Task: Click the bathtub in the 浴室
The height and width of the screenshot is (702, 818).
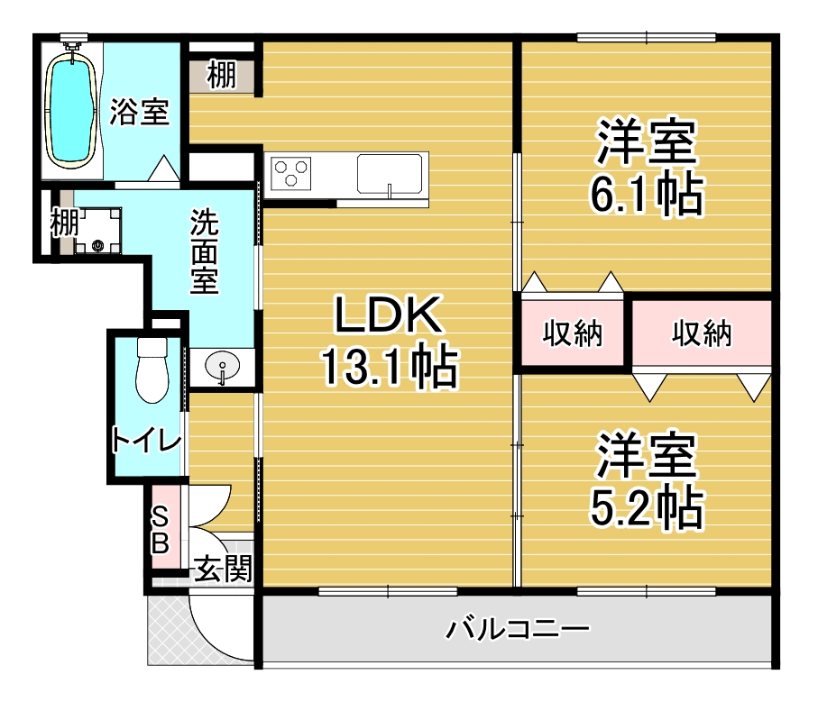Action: pos(71,112)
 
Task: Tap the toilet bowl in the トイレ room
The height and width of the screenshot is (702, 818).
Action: pos(152,370)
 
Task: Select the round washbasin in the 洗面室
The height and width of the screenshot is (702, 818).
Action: pos(222,366)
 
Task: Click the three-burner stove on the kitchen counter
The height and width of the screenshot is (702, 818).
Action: pos(290,174)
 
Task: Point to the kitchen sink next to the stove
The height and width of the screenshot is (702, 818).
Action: pos(390,174)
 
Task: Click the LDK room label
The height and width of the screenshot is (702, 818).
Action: pos(388,315)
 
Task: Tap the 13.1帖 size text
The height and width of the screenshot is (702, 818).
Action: pos(390,368)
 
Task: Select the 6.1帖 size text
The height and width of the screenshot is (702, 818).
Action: pos(647,195)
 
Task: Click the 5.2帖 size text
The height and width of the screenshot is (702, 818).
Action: pos(647,507)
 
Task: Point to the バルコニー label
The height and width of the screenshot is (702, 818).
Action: pos(517,628)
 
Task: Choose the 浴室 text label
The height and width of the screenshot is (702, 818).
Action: pos(139,112)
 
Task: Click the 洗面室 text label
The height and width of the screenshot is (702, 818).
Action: pos(204,251)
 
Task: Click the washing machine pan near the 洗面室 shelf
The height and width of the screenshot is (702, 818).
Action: pos(98,231)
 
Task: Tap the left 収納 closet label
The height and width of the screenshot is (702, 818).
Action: pos(573,333)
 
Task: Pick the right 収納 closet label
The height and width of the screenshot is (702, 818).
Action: pos(702,333)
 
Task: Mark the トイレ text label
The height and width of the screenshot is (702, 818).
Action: pos(147,441)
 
